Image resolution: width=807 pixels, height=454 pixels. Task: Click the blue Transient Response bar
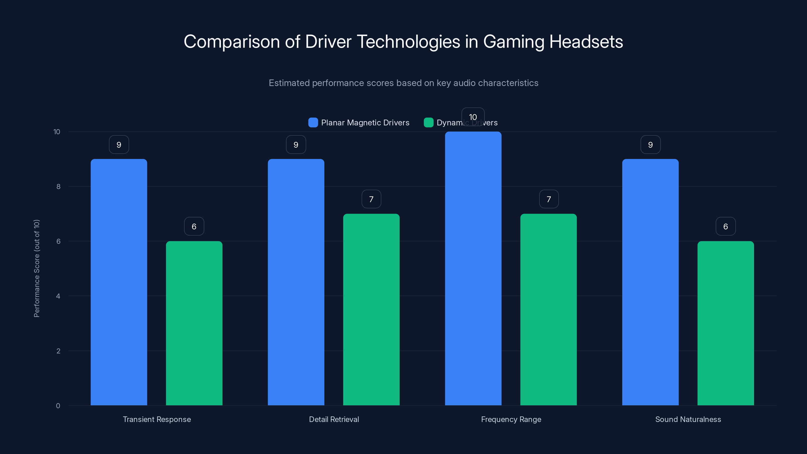tap(119, 282)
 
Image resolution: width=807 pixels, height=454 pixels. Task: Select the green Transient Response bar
tap(194, 323)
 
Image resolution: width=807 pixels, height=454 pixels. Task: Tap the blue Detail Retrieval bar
tap(296, 282)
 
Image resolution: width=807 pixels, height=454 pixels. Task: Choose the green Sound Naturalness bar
tap(726, 323)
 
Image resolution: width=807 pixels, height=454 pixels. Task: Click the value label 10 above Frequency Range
tap(473, 117)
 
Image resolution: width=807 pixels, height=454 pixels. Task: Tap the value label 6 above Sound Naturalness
tap(726, 226)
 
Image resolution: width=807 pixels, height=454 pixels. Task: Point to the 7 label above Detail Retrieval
tap(371, 199)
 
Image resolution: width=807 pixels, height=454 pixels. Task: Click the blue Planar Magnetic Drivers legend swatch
tap(313, 123)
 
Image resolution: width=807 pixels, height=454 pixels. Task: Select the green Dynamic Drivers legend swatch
tap(428, 123)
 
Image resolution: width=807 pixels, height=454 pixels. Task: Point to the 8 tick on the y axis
tap(58, 186)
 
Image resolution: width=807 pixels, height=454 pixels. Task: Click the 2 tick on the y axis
tap(58, 351)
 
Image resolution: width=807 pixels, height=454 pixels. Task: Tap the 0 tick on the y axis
tap(58, 406)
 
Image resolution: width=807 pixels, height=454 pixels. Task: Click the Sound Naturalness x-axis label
tap(688, 419)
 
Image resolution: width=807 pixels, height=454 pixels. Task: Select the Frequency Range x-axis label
tap(511, 419)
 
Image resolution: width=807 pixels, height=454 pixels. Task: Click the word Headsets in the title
tap(586, 42)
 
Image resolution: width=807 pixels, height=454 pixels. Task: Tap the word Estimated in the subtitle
tap(289, 83)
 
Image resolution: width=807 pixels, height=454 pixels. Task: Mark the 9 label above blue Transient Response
tap(119, 145)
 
